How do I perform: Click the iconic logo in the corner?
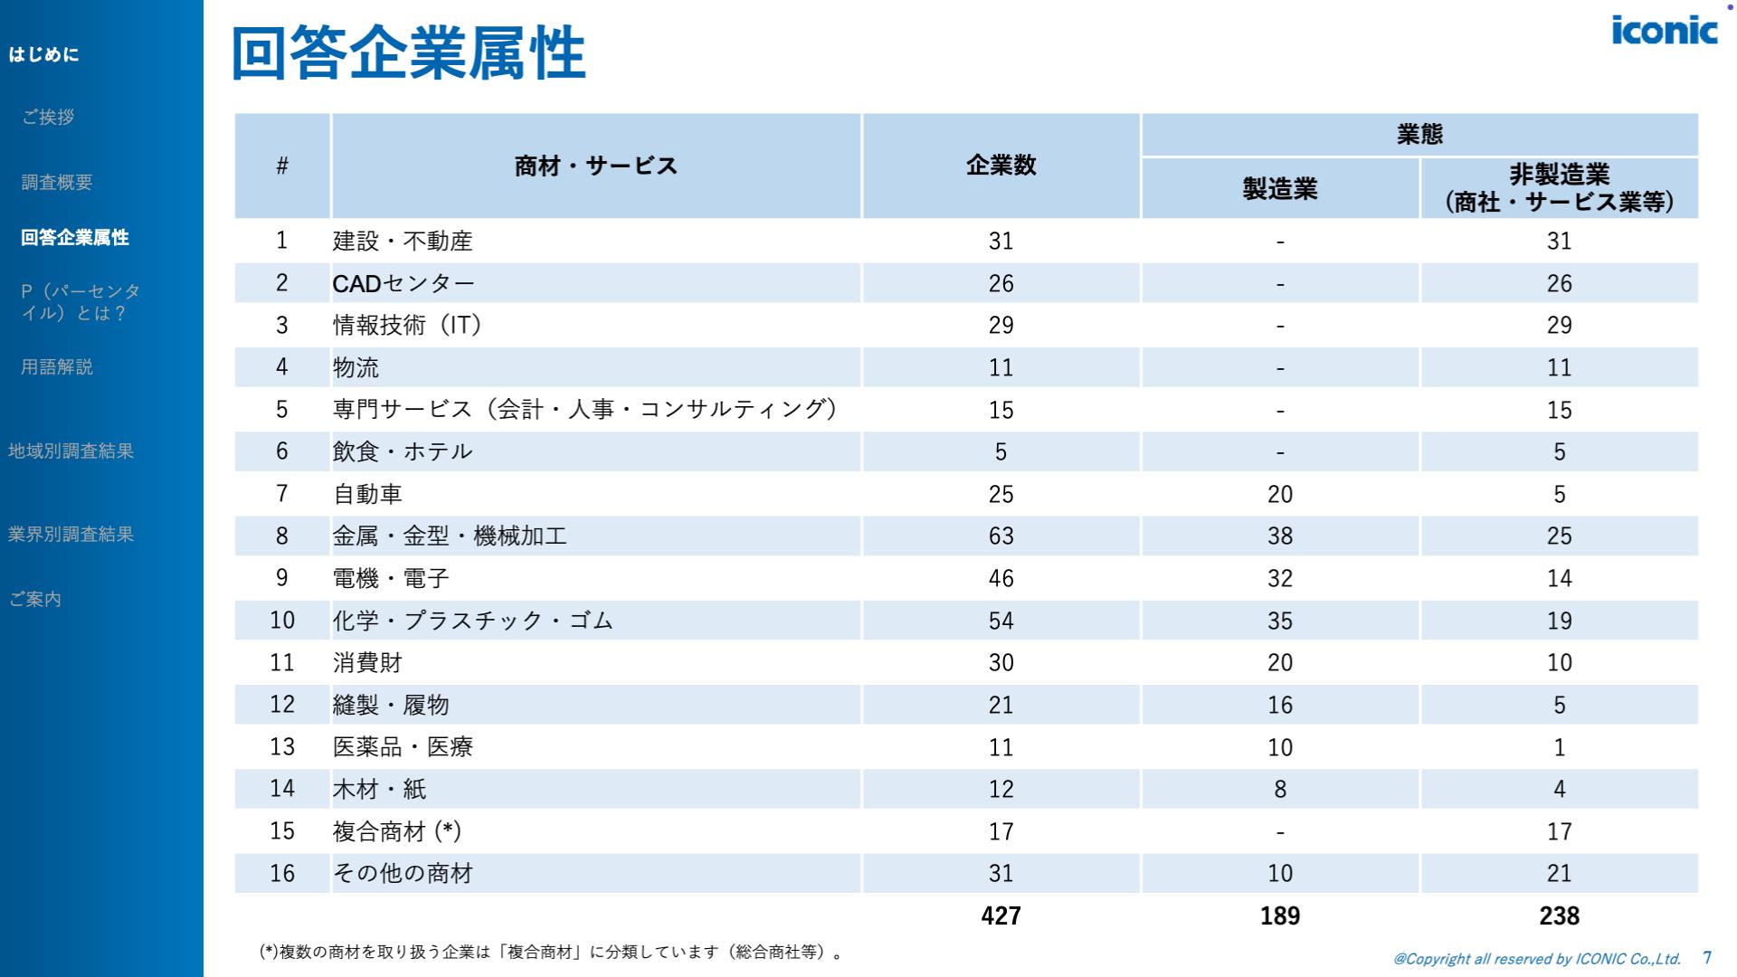[1664, 30]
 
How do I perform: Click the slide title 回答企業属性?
[409, 53]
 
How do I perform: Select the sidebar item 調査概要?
[57, 182]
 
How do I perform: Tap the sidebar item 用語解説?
[57, 366]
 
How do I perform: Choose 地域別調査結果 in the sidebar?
[71, 451]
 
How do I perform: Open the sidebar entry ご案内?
[35, 599]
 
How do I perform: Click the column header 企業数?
[1001, 166]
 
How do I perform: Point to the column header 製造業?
[1279, 188]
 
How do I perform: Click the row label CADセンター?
[403, 284]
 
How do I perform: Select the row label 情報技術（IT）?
[407, 326]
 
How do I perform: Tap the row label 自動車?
[367, 494]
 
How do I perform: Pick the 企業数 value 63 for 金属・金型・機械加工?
[1001, 536]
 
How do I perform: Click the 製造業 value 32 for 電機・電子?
[1279, 578]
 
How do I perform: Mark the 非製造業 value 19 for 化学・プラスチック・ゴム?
[1559, 621]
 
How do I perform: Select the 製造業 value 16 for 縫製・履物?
[1279, 705]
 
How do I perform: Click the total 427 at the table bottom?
[1001, 915]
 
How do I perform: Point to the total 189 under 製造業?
[1279, 915]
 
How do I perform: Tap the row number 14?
[282, 789]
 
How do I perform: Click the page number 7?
[1707, 957]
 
